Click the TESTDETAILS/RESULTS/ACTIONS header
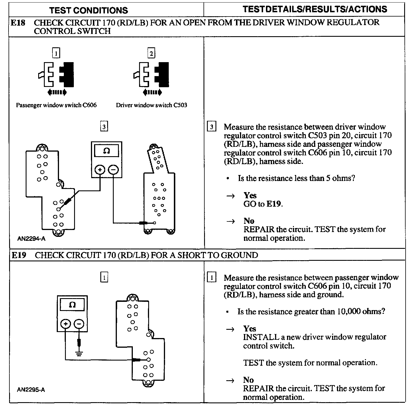[x=315, y=9]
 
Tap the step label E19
[x=19, y=255]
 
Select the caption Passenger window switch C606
[x=56, y=105]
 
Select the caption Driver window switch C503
[x=151, y=105]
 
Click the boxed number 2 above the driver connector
[x=151, y=53]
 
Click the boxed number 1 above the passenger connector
[x=56, y=53]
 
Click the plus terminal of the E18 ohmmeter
[x=100, y=170]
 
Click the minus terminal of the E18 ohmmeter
[x=113, y=170]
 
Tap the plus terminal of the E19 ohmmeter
[x=66, y=324]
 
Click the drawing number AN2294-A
[x=31, y=239]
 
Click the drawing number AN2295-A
[x=31, y=390]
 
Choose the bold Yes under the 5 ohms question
[x=250, y=195]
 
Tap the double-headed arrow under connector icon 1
[x=57, y=92]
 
